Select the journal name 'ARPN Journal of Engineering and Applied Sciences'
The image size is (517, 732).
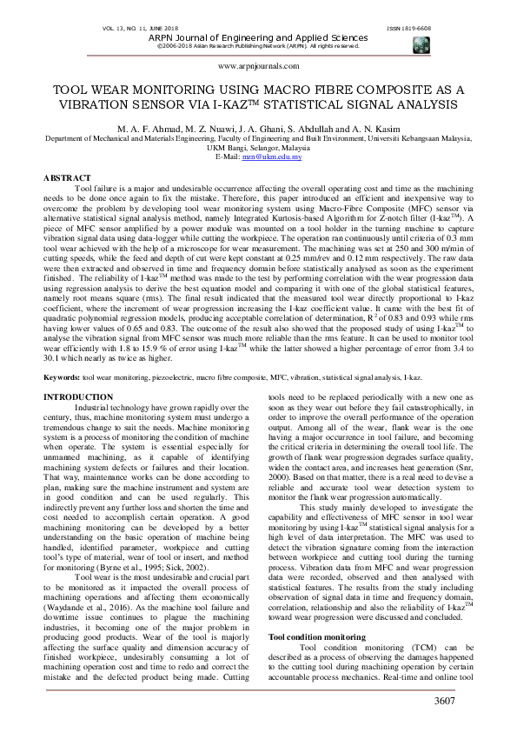258,37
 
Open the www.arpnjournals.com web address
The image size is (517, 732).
258,66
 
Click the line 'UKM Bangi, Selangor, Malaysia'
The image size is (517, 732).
258,147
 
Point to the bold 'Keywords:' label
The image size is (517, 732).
63,403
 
